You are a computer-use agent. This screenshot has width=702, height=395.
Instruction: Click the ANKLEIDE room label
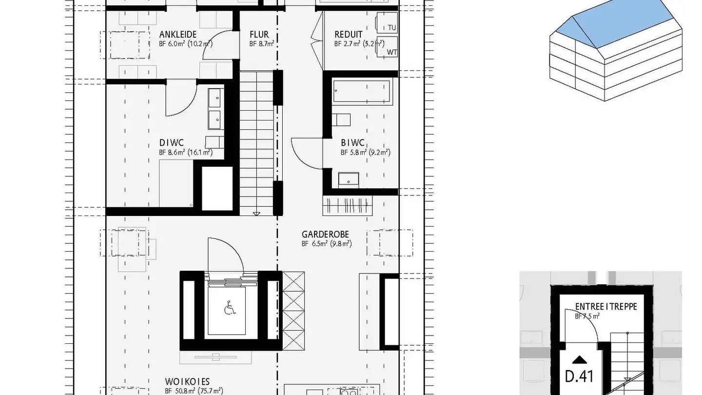[x=178, y=35]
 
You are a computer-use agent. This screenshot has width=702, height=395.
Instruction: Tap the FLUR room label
[x=259, y=35]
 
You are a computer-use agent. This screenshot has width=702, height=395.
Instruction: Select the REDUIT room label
[x=348, y=35]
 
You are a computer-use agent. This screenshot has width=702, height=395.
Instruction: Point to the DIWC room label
[x=171, y=143]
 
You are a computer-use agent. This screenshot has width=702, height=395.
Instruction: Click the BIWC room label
[x=352, y=143]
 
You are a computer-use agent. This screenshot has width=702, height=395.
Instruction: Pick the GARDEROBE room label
[x=325, y=235]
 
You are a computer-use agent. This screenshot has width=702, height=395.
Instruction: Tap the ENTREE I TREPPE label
[x=606, y=307]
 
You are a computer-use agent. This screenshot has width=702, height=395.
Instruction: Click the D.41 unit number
[x=579, y=376]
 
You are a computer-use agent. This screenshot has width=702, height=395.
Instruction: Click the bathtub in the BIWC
[x=362, y=93]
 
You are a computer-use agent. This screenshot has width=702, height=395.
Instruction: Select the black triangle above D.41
[x=579, y=360]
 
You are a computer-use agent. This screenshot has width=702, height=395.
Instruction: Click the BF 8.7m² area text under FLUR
[x=261, y=44]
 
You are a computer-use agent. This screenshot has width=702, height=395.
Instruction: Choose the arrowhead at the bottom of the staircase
[x=256, y=213]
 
